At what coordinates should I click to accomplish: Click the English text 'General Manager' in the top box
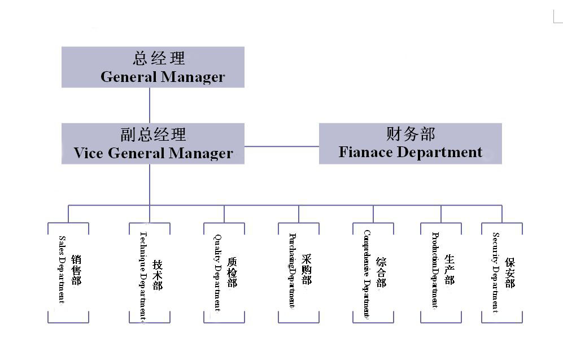[163, 77]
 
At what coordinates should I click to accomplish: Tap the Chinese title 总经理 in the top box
[159, 58]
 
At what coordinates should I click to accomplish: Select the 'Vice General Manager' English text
[153, 153]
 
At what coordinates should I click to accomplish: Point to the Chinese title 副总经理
[153, 135]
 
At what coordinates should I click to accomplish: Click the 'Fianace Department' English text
[411, 152]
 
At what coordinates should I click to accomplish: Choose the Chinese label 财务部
[411, 134]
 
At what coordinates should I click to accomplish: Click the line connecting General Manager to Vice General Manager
[150, 105]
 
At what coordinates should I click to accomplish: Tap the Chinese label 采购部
[306, 270]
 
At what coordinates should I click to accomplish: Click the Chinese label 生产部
[449, 270]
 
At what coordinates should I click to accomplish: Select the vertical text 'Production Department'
[435, 270]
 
